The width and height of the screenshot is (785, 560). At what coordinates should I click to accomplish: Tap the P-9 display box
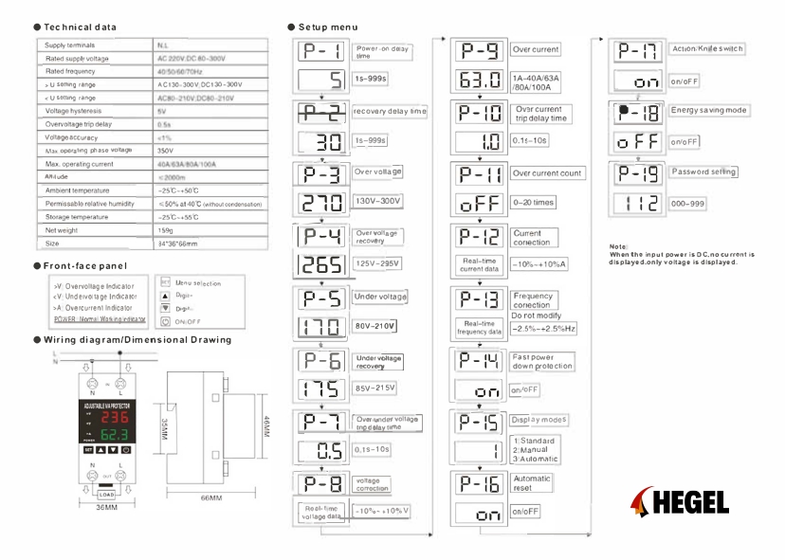click(480, 49)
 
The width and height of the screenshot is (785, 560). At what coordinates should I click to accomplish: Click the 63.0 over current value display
click(480, 81)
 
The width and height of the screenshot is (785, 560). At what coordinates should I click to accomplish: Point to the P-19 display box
click(637, 173)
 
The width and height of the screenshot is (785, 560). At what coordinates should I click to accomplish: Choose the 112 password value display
click(637, 203)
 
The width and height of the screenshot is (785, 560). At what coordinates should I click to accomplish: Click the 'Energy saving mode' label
click(709, 111)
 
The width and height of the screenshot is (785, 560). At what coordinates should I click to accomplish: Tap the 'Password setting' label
click(703, 172)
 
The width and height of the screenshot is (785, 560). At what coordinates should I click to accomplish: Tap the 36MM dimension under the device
click(106, 508)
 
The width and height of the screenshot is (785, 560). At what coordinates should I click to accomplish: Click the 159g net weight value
click(165, 230)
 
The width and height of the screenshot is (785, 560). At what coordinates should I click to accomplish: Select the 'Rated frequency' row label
click(71, 71)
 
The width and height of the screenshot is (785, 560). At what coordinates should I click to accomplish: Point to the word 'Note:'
click(618, 247)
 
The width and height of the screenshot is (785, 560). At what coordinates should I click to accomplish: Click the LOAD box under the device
click(106, 494)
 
